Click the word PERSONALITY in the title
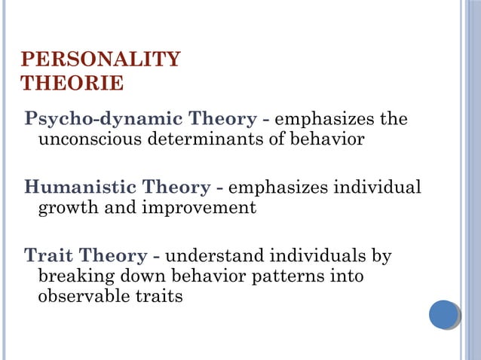coord(100,59)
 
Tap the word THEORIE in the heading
coord(72,83)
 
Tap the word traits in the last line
coord(157,297)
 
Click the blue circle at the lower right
coord(444,314)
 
